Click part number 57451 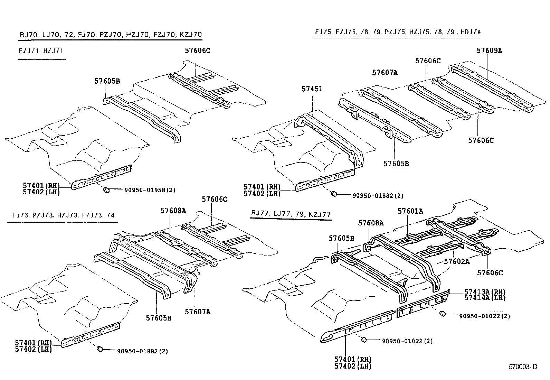[x=312, y=89]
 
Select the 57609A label [x=489, y=50]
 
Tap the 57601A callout [x=410, y=211]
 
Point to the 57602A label [x=457, y=261]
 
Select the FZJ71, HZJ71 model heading [x=41, y=51]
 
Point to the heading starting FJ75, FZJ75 [x=398, y=32]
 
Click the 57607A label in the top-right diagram [x=385, y=73]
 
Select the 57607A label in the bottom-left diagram [x=197, y=312]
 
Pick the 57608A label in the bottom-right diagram [x=371, y=223]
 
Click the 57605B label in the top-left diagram [x=107, y=81]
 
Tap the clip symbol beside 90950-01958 [x=107, y=189]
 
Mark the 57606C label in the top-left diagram [x=197, y=50]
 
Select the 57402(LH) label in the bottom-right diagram [x=352, y=366]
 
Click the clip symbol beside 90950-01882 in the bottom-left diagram [x=100, y=349]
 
